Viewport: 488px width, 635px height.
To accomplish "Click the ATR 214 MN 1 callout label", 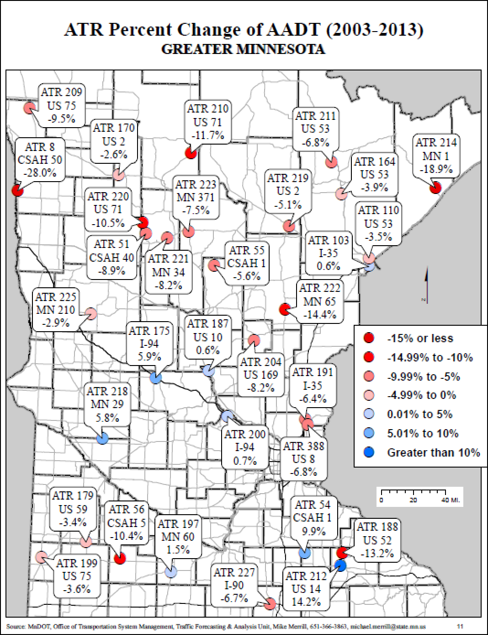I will pyautogui.click(x=435, y=156).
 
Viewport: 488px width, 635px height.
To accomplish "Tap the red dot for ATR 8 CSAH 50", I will pyautogui.click(x=17, y=190).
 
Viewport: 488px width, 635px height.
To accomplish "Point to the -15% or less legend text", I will pyautogui.click(x=420, y=338).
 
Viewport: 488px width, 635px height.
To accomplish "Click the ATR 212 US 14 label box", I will pyautogui.click(x=306, y=588).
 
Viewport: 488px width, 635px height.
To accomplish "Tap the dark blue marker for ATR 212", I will pyautogui.click(x=340, y=565).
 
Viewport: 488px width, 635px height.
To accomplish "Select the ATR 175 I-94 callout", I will pyautogui.click(x=149, y=343).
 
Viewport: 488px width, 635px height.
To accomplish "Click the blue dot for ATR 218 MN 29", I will pyautogui.click(x=102, y=438).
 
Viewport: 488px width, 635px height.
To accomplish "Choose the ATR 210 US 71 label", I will pyautogui.click(x=207, y=121).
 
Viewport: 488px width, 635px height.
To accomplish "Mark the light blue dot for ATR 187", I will pyautogui.click(x=207, y=371).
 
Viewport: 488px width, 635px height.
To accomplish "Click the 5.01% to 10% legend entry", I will pyautogui.click(x=422, y=433).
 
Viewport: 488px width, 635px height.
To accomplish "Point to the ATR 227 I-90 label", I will pyautogui.click(x=234, y=585).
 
